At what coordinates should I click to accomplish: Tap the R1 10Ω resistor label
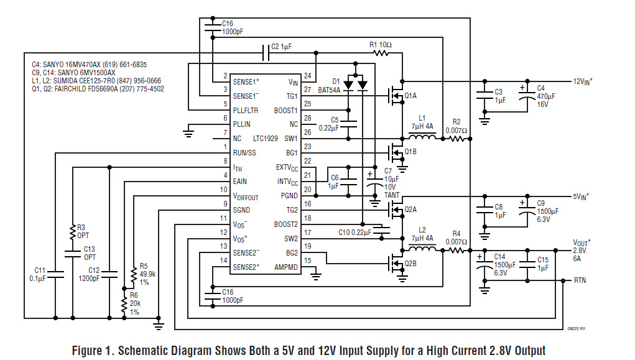point(381,45)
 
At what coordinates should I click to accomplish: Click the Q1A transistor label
point(410,96)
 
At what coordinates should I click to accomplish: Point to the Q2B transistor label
point(410,263)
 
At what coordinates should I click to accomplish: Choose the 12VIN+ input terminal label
point(582,81)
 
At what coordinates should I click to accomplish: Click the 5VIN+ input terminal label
point(581,196)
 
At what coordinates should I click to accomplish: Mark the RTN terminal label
point(580,280)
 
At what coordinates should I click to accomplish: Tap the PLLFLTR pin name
point(246,109)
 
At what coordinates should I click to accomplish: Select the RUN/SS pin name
point(244,152)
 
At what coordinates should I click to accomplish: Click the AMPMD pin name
point(287,267)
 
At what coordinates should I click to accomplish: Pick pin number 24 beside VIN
point(307,76)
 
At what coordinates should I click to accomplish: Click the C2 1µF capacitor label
point(280,47)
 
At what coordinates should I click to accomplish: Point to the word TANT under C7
point(392,195)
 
